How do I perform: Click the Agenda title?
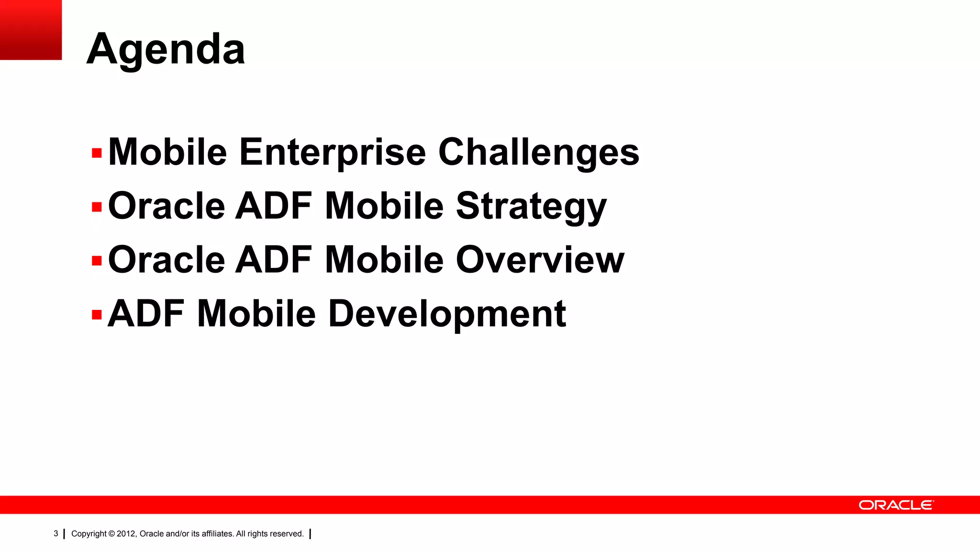166,49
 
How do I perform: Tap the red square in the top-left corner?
31,30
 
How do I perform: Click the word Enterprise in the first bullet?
332,152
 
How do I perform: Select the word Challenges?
538,152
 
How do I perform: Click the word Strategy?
531,207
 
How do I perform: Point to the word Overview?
540,260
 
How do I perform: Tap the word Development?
447,314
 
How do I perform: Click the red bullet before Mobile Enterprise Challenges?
97,154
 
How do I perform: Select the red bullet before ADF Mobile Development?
97,315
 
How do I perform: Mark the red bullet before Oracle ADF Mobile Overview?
97,261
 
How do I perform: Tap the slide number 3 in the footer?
56,533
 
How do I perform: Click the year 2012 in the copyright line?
126,534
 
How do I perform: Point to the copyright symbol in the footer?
111,534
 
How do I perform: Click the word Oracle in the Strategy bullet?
167,207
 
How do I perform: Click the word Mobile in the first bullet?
167,152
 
